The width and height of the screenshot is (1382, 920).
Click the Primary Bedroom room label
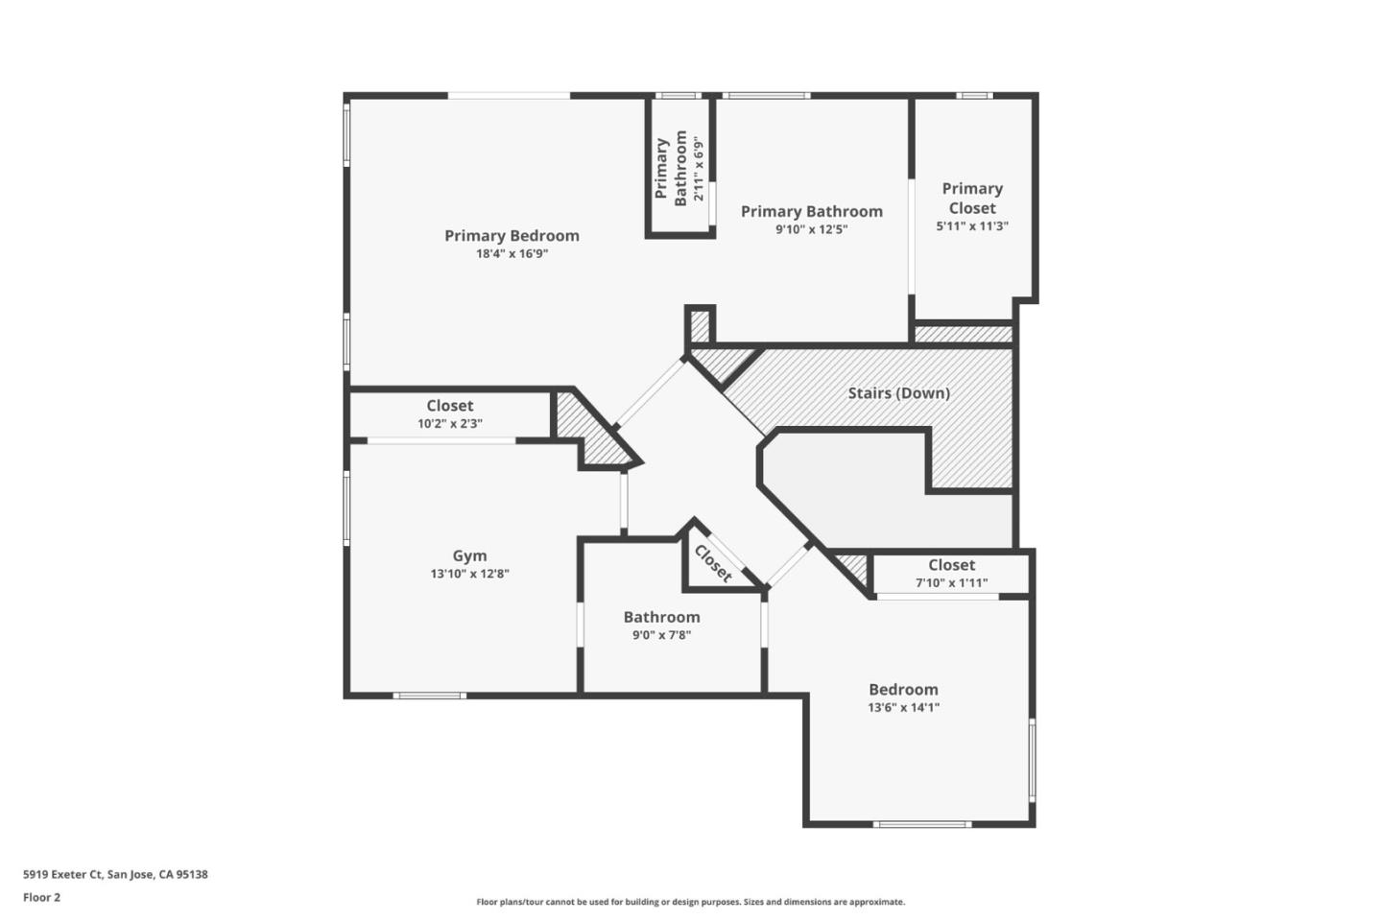pos(512,235)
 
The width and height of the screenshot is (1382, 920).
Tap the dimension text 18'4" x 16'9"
pos(512,254)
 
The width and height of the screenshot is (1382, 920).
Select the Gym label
pos(469,555)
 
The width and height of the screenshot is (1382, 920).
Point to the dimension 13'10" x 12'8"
pos(469,574)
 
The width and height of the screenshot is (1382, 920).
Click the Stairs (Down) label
pos(898,392)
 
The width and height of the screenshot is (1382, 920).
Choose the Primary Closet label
pos(972,199)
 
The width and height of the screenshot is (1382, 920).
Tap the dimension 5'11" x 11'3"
pos(972,226)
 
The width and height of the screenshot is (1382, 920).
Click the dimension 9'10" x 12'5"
pos(811,229)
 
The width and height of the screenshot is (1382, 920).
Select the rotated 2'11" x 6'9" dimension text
pos(700,167)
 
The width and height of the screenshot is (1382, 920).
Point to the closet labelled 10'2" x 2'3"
pos(449,414)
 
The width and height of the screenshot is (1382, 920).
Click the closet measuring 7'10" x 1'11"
pos(951,574)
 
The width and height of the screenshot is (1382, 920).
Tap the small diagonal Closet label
pos(713,563)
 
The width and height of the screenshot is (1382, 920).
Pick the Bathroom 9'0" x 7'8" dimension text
pos(661,635)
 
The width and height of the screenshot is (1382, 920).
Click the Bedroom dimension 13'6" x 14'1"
pos(903,708)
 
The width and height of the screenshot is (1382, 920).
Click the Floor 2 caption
pos(41,898)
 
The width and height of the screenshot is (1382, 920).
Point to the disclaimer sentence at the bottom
pos(690,902)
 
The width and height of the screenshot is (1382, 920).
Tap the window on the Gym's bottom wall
pos(430,695)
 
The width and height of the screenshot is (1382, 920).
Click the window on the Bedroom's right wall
pos(1033,760)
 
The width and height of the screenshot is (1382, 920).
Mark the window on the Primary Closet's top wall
pos(973,95)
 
